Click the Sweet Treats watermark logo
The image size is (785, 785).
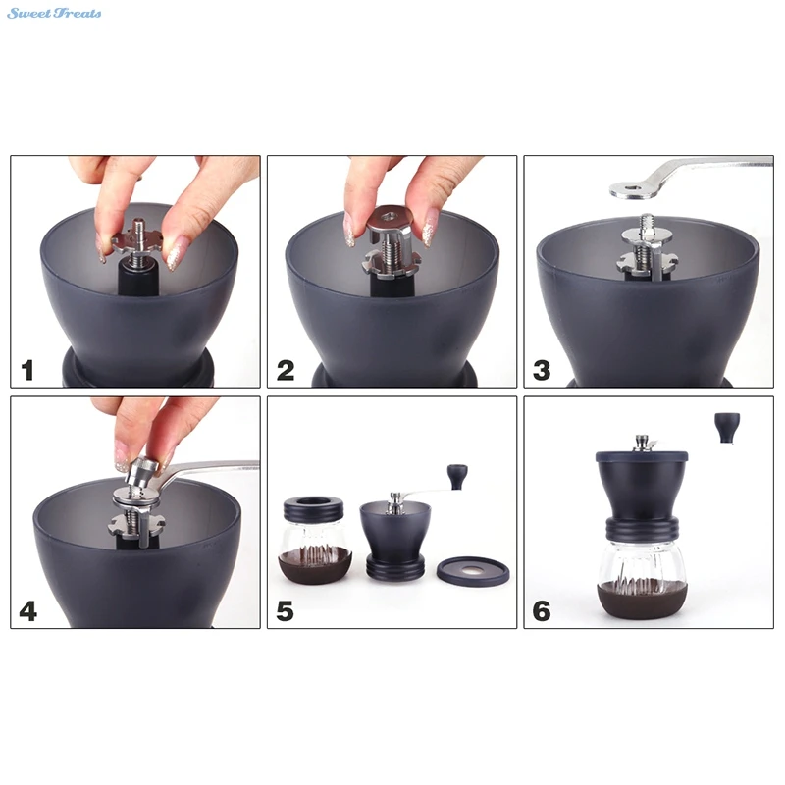point(54,13)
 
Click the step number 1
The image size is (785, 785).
point(27,371)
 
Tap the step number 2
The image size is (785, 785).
point(286,371)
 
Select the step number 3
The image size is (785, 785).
point(542,371)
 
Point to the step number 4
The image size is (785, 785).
point(28,611)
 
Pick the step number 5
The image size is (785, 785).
point(285,611)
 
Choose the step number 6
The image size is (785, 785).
point(542,611)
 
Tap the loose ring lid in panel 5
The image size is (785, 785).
point(473,571)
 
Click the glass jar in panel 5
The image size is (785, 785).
point(315,541)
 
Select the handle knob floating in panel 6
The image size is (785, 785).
point(727,427)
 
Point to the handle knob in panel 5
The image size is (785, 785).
point(457,477)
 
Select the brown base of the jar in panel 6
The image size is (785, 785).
point(643,601)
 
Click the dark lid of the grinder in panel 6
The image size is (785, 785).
point(642,456)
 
